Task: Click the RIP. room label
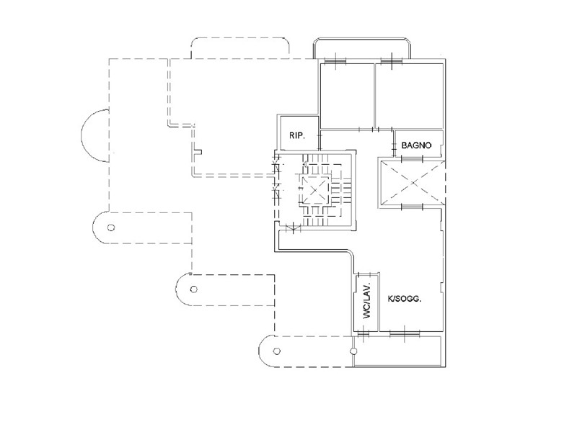[297, 135]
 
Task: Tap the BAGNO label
[416, 145]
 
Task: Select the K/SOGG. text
[405, 299]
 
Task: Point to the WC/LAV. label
[368, 301]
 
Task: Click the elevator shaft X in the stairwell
[314, 190]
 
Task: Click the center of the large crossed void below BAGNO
[412, 183]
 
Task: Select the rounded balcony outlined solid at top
[362, 38]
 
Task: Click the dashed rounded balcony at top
[240, 38]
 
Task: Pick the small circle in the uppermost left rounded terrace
[111, 228]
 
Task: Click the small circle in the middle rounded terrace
[193, 289]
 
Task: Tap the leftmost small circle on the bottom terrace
[277, 351]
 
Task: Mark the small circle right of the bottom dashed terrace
[353, 351]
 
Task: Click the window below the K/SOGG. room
[405, 333]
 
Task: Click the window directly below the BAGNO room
[412, 158]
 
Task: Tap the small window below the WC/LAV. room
[364, 333]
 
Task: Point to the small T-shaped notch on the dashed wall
[198, 151]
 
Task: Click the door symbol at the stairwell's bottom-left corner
[294, 228]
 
